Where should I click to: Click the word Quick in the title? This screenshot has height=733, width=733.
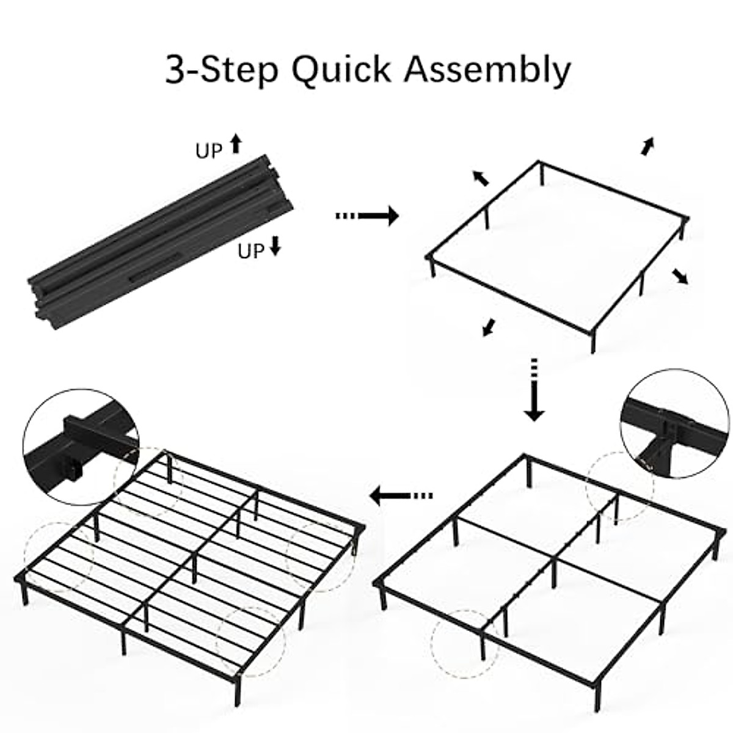click(340, 69)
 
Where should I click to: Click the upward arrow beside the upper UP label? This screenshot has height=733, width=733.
click(236, 144)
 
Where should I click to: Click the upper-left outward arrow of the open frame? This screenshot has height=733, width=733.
click(481, 178)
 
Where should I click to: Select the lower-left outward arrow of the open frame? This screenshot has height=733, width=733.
click(488, 327)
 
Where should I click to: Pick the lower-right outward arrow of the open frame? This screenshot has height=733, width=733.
click(680, 276)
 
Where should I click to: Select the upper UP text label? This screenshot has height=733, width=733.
click(209, 151)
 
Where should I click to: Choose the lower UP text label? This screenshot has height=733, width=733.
click(250, 251)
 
